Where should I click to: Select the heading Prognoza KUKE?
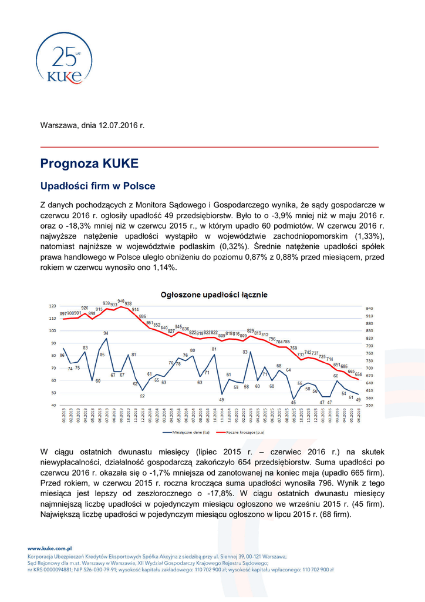(89, 163)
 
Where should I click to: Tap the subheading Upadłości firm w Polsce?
(97, 186)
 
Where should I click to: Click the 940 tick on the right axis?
(369, 308)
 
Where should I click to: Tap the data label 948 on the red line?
(121, 299)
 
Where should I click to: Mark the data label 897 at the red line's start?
(63, 314)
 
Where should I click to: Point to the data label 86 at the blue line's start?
(62, 355)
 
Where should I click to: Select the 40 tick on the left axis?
(53, 405)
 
